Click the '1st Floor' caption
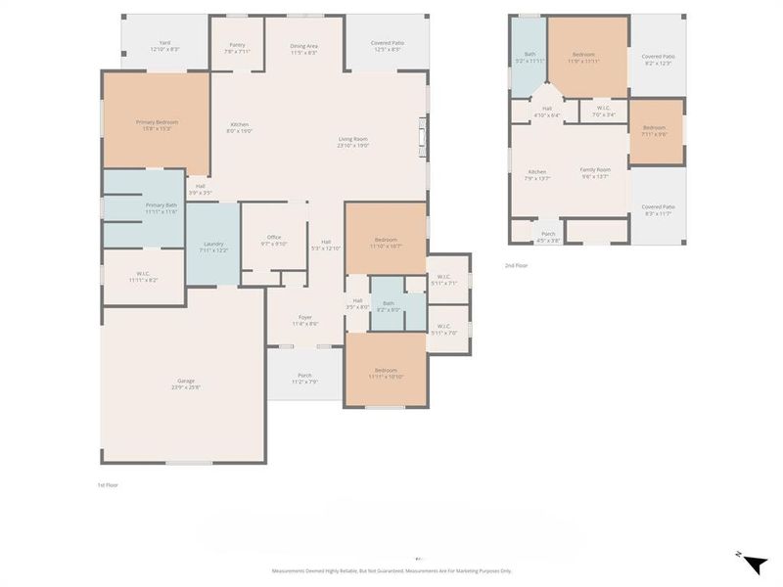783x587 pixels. pyautogui.click(x=108, y=485)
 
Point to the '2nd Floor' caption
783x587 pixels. pyautogui.click(x=516, y=265)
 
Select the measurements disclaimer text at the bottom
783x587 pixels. pyautogui.click(x=391, y=571)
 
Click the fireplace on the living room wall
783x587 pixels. pyautogui.click(x=423, y=137)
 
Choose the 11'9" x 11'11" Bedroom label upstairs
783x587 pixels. pyautogui.click(x=583, y=58)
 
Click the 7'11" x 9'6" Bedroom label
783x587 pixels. pyautogui.click(x=655, y=131)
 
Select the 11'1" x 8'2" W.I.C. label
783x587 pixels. pyautogui.click(x=143, y=277)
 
